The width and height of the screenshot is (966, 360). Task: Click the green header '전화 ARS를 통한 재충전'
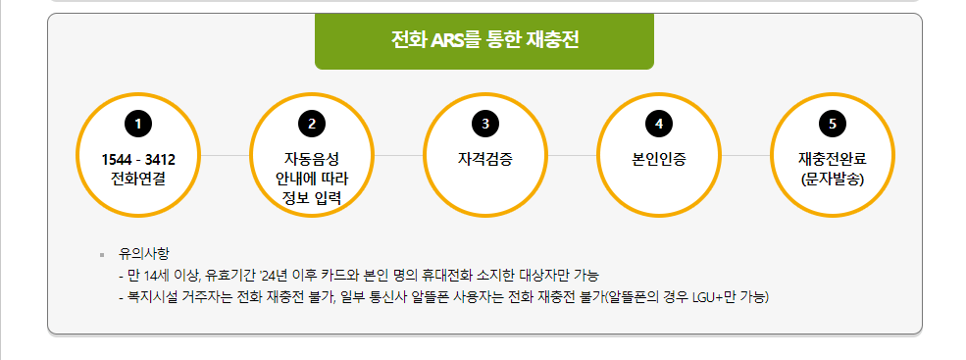pyautogui.click(x=484, y=41)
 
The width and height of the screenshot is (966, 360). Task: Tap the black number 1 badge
pyautogui.click(x=138, y=124)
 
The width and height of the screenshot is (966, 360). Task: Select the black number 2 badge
pyautogui.click(x=312, y=124)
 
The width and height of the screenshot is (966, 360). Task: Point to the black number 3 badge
pyautogui.click(x=485, y=124)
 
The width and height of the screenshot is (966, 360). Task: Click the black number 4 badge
pyautogui.click(x=659, y=124)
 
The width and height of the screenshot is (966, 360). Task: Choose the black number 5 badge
pyautogui.click(x=833, y=124)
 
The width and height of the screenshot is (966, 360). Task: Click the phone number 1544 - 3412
pyautogui.click(x=138, y=159)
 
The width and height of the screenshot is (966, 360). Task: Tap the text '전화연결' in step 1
pyautogui.click(x=138, y=179)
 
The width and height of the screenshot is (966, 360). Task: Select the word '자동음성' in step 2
pyautogui.click(x=312, y=159)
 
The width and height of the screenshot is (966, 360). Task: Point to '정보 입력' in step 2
pyautogui.click(x=312, y=197)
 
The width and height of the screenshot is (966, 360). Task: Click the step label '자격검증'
pyautogui.click(x=485, y=158)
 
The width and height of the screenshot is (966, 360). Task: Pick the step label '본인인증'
pyautogui.click(x=659, y=158)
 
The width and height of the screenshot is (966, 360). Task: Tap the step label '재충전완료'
pyautogui.click(x=833, y=159)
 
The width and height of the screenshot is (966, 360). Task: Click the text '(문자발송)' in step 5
pyautogui.click(x=833, y=179)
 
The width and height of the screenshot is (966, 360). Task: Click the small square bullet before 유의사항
pyautogui.click(x=102, y=254)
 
